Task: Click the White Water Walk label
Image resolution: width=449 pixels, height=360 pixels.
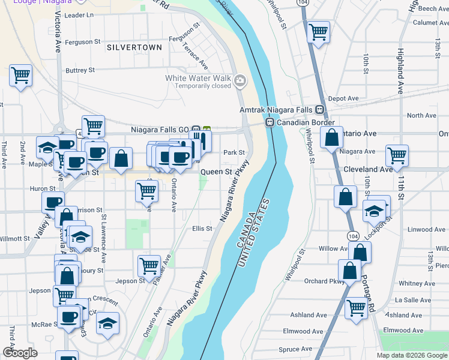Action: [x=198, y=78]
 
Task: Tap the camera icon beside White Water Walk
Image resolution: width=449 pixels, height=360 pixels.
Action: [x=240, y=80]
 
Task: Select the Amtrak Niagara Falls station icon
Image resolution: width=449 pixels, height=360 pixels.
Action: [x=320, y=110]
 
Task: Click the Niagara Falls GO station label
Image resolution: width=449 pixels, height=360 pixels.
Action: [x=165, y=129]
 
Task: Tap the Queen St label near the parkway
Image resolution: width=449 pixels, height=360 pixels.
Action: [x=215, y=172]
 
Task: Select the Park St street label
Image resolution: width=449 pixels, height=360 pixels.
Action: [x=234, y=152]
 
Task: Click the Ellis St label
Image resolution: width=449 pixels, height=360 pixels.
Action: [x=202, y=229]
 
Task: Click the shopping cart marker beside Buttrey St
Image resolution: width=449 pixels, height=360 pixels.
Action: [x=20, y=76]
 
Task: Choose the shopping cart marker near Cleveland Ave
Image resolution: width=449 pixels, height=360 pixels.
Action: [x=397, y=156]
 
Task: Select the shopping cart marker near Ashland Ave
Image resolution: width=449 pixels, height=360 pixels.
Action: [x=356, y=308]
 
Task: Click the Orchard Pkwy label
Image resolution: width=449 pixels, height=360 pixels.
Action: [x=324, y=281]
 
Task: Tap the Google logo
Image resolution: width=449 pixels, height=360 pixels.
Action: [x=20, y=353]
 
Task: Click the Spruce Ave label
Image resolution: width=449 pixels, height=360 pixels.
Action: [x=295, y=349]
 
